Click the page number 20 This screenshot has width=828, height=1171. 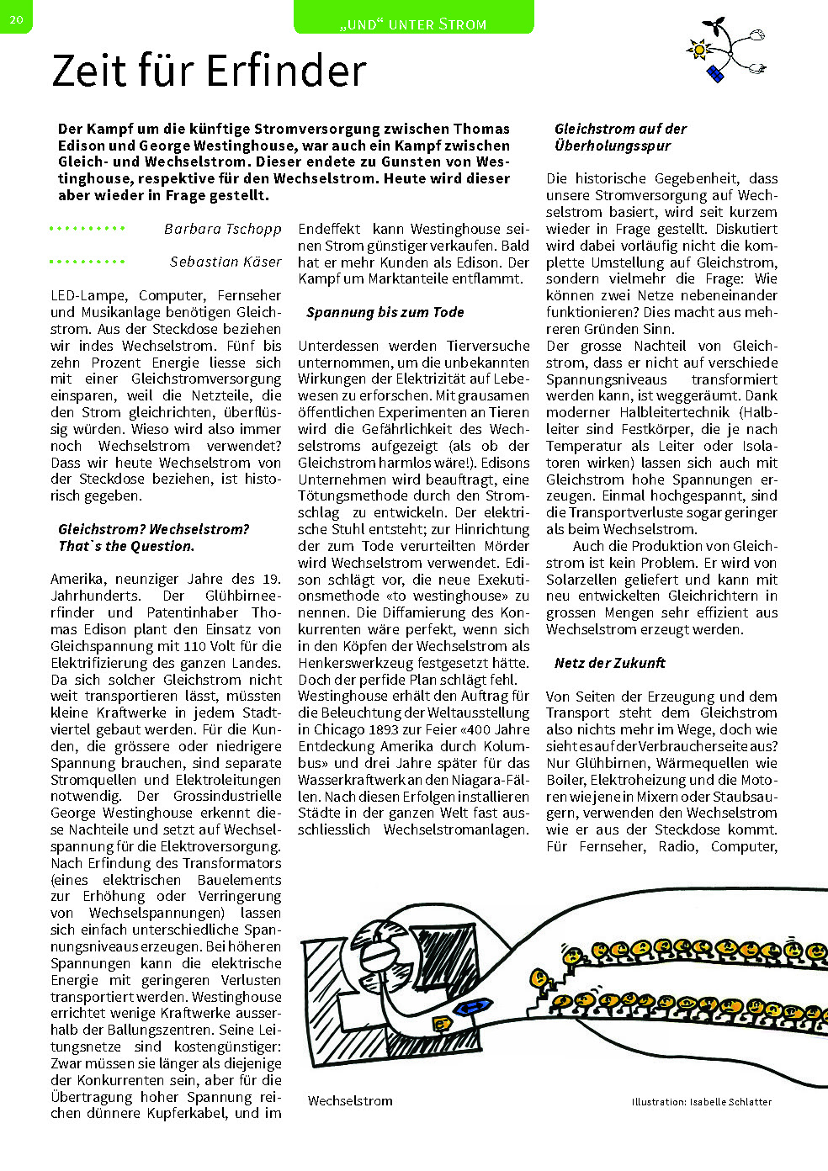16,18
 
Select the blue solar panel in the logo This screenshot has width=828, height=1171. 716,74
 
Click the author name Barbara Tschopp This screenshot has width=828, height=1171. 223,229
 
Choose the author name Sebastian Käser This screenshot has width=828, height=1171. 226,262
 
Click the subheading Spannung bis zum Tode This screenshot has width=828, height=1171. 385,312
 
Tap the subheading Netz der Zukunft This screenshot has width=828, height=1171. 609,663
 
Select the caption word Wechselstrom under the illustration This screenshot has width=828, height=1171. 350,1101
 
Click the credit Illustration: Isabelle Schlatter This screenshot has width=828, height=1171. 701,1101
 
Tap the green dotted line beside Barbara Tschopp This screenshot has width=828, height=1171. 87,229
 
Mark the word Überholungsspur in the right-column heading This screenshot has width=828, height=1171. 613,146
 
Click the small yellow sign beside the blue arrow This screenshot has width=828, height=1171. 440,1023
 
